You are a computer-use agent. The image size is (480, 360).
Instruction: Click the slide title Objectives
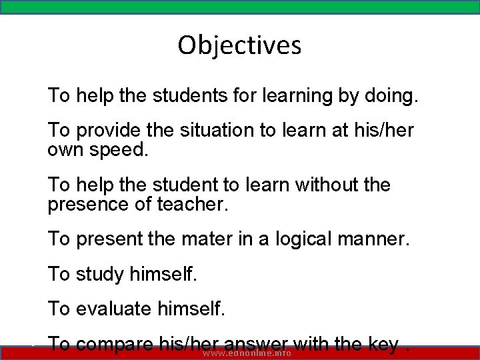point(239,45)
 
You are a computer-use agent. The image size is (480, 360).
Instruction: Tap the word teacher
point(192,203)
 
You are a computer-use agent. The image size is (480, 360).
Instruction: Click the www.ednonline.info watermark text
point(247,353)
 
